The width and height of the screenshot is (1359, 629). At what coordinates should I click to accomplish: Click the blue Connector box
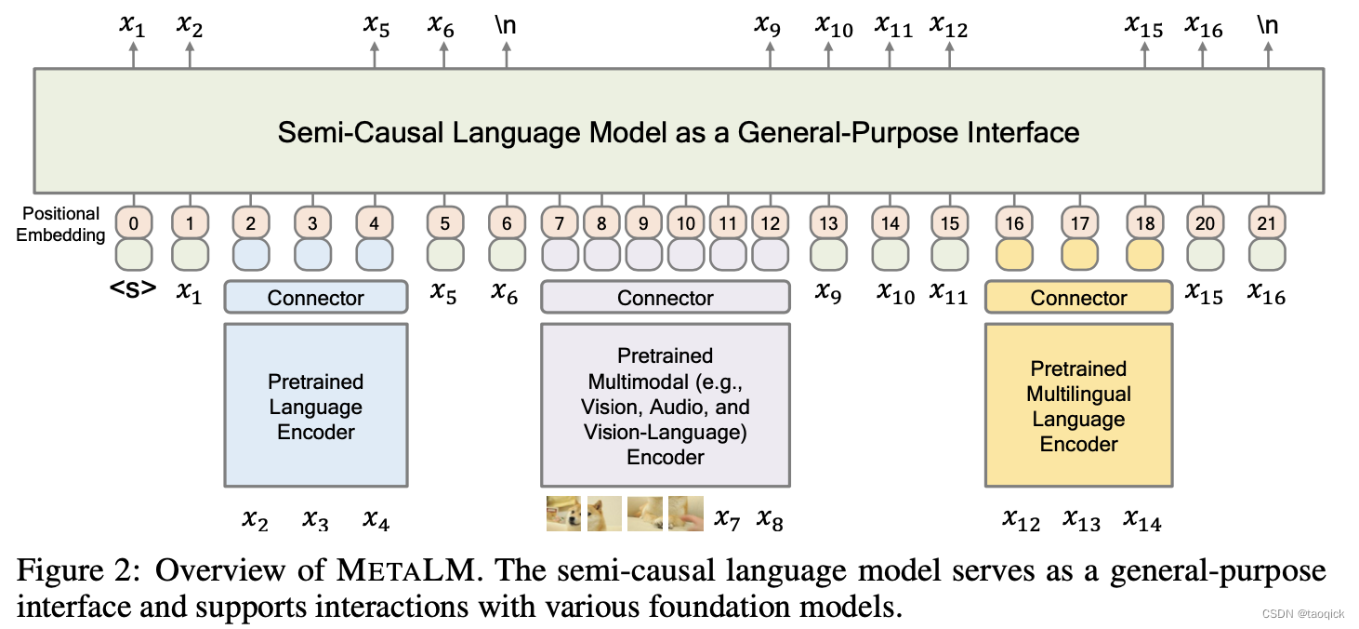click(x=315, y=298)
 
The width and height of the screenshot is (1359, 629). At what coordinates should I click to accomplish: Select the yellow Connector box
click(x=1078, y=298)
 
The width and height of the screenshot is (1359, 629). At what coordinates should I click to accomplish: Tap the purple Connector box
click(x=665, y=298)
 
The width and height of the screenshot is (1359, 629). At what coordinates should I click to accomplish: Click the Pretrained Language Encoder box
click(x=315, y=406)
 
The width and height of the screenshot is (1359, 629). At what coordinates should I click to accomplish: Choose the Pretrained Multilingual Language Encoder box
click(x=1078, y=406)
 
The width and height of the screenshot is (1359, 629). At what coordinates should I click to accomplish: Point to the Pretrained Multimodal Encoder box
click(x=665, y=406)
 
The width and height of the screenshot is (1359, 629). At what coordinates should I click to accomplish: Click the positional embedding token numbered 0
click(x=134, y=223)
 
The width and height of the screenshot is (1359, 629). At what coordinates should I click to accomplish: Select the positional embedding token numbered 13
click(x=828, y=223)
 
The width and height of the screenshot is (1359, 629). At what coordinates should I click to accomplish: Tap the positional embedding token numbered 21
click(x=1267, y=223)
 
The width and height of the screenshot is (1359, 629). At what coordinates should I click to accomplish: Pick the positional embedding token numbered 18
click(x=1144, y=223)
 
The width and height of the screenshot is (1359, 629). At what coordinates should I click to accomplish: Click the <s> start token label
click(x=133, y=290)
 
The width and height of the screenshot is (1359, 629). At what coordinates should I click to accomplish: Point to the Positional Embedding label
click(x=61, y=224)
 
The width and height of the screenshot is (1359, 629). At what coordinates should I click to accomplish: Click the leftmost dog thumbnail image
click(x=563, y=514)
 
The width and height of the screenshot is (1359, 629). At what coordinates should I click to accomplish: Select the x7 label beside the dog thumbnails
click(x=728, y=519)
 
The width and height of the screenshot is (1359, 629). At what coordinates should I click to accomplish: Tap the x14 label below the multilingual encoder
click(x=1142, y=519)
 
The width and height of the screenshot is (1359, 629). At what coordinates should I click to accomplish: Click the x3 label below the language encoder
click(x=315, y=519)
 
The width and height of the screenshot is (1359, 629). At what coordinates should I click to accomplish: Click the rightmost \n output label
click(x=1267, y=24)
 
